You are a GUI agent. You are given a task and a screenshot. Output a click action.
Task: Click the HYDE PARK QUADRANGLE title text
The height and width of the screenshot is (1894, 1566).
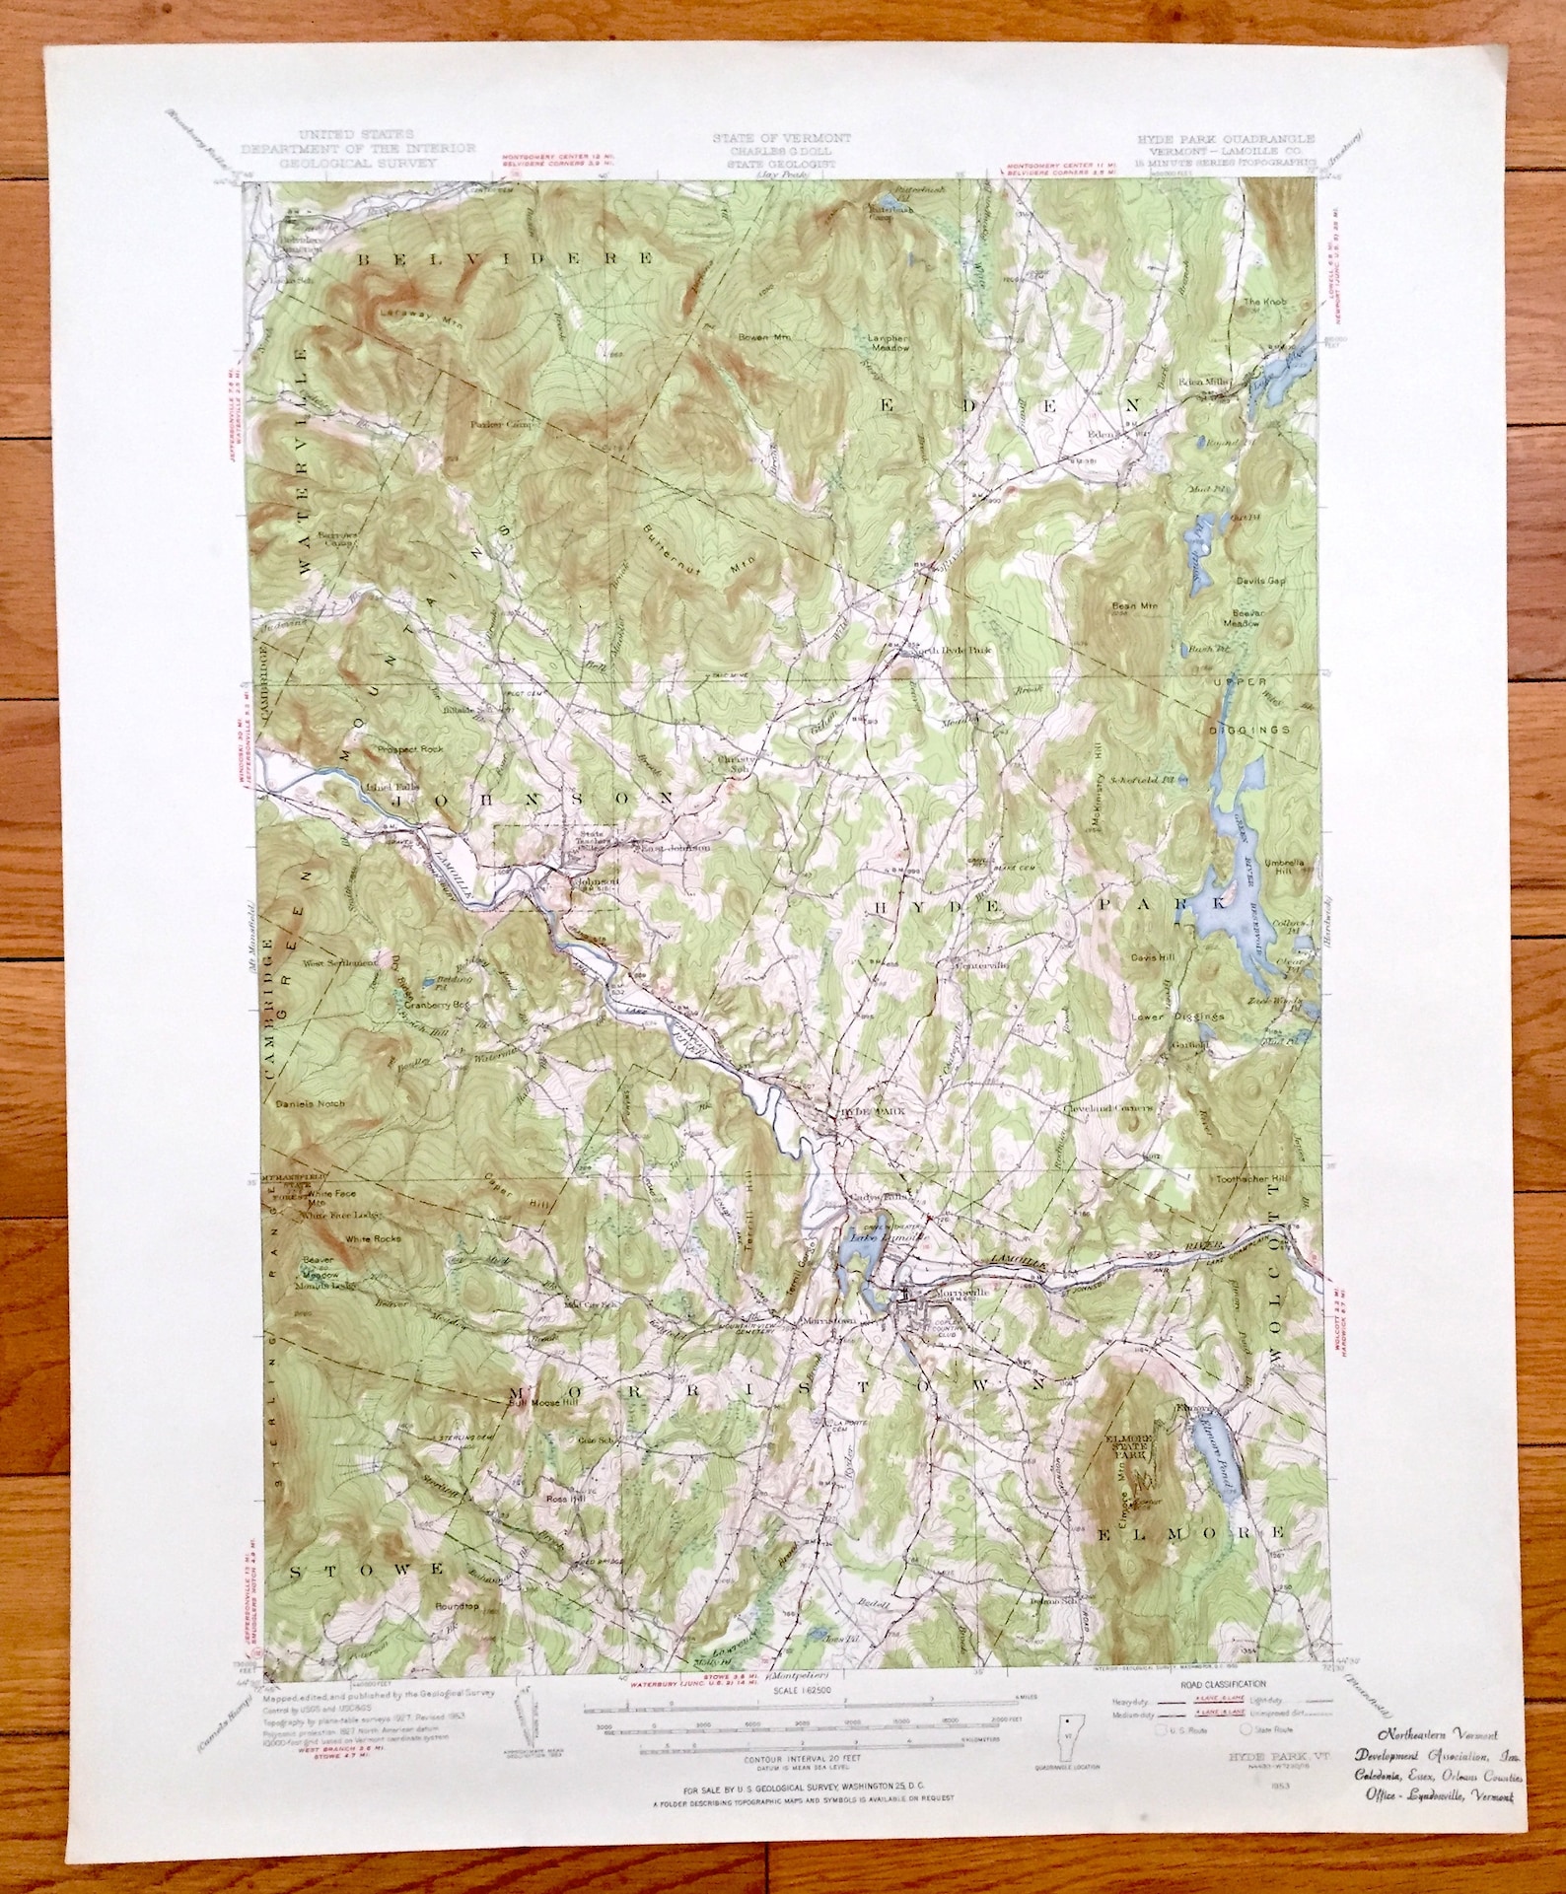click(x=1221, y=140)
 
